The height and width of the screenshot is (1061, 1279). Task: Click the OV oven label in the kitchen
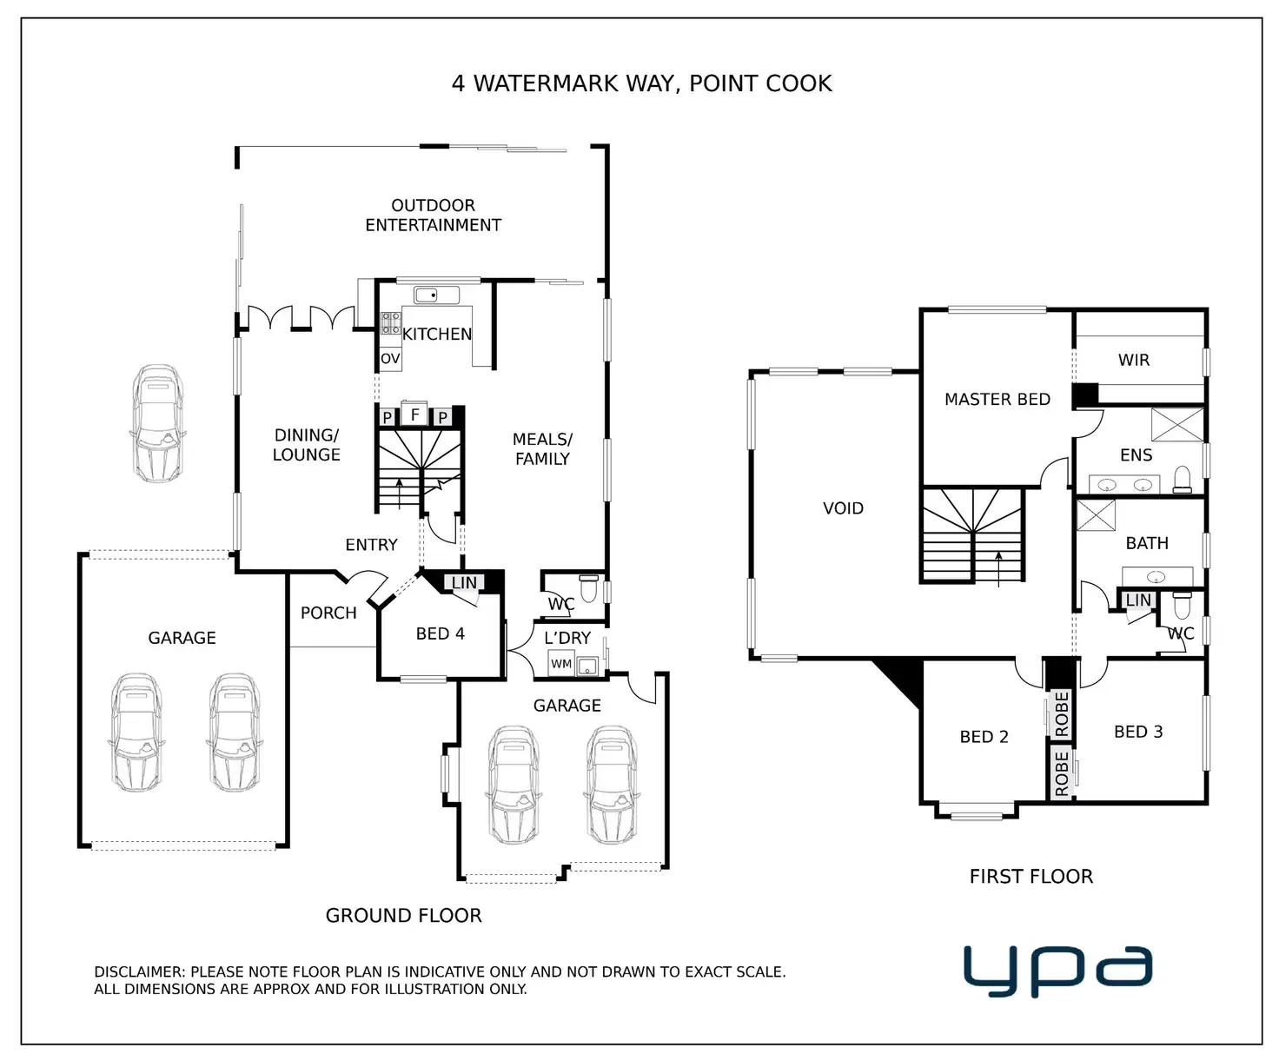coord(390,358)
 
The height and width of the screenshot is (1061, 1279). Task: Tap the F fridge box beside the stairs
coord(414,414)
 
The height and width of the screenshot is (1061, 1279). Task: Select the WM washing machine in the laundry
coord(561,663)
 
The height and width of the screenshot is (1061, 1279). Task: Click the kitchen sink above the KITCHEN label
coord(436,295)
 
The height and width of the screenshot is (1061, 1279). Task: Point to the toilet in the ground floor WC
coord(588,588)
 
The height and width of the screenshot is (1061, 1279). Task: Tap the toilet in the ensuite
coord(1183,480)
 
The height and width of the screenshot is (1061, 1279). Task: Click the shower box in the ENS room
coord(1177,424)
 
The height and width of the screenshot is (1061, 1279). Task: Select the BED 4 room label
coord(440,633)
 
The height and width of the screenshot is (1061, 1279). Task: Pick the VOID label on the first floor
coord(843,507)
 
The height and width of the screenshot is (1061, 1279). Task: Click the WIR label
coord(1134,361)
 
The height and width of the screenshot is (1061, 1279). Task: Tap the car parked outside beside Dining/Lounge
coord(158,423)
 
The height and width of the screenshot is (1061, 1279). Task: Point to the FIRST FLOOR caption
coord(1030,877)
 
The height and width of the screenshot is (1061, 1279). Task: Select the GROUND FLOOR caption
coord(404,915)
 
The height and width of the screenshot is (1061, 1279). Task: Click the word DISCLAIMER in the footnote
coord(139,971)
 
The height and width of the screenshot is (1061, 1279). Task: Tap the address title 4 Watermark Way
coord(641,83)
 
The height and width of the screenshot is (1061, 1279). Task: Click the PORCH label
coord(328,613)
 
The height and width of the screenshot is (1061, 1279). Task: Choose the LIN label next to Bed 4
coord(464,582)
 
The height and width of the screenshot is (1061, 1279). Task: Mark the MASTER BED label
coord(997,400)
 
